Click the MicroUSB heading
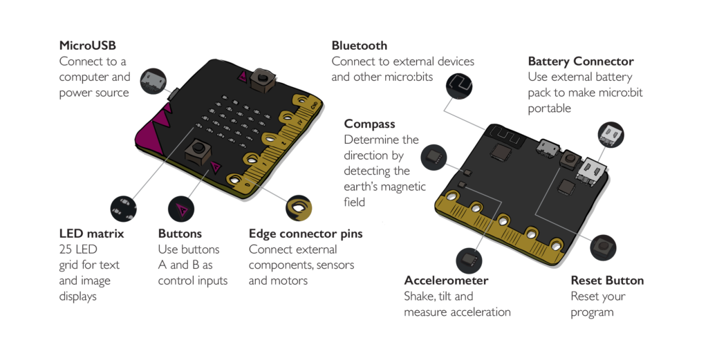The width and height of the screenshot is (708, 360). [x=88, y=46]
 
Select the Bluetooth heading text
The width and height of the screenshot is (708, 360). [x=359, y=46]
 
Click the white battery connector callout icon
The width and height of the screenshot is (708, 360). [x=611, y=133]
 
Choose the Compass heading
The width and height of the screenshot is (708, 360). [x=370, y=124]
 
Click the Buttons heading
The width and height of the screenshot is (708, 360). [x=180, y=234]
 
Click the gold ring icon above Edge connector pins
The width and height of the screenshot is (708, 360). [x=299, y=207]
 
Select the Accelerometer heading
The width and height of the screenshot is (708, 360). [x=446, y=281]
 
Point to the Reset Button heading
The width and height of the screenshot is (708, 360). [x=607, y=281]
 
